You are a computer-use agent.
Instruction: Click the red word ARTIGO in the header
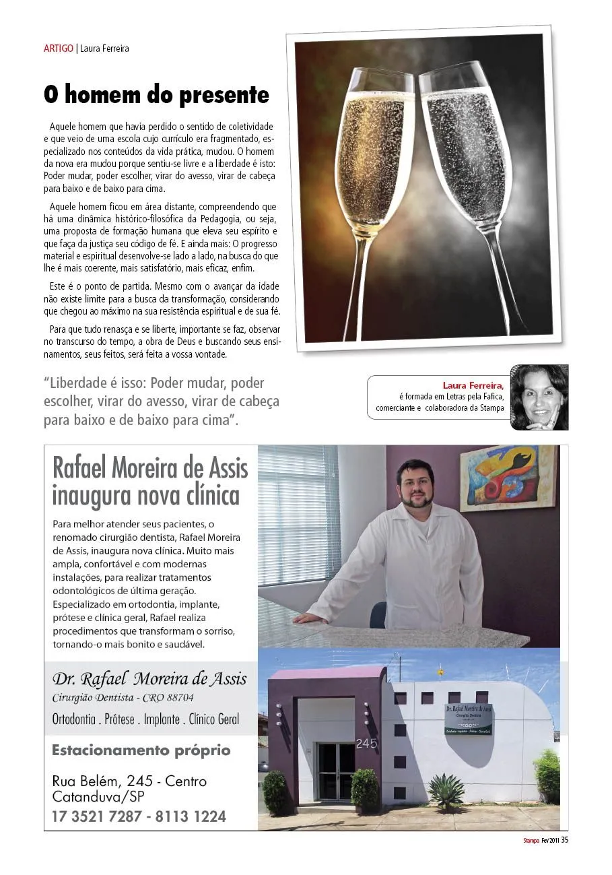(59, 48)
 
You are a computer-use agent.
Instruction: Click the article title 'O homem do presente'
(156, 95)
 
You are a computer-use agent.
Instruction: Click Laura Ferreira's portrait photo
(539, 397)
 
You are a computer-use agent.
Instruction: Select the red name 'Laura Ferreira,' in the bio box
(473, 385)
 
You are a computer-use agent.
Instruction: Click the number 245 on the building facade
(366, 744)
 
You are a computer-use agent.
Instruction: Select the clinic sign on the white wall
(469, 719)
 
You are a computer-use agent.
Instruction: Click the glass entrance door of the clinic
(336, 771)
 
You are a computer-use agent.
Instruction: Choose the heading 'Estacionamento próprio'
(141, 750)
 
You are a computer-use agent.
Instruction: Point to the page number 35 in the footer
(565, 839)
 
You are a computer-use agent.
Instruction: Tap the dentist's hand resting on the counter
(305, 617)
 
